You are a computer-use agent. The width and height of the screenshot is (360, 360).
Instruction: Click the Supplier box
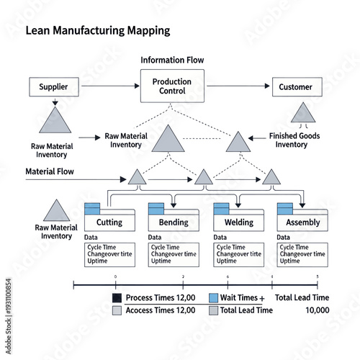[x=54, y=87]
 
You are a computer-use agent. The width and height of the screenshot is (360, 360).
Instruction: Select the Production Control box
[x=172, y=86]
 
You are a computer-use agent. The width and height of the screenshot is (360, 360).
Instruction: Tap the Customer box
[x=296, y=87]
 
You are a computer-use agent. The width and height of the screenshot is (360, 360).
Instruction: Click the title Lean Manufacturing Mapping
[x=97, y=31]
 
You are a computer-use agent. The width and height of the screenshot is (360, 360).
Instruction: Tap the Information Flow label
[x=172, y=60]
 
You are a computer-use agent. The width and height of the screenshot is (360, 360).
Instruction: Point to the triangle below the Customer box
[x=302, y=112]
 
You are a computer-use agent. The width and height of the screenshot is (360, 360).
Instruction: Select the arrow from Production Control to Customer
[x=238, y=87]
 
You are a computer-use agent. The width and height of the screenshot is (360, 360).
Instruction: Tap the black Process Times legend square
[x=117, y=298]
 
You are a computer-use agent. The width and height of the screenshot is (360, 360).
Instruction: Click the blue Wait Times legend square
[x=213, y=298]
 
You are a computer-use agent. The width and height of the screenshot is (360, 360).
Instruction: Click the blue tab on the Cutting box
[x=92, y=207]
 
